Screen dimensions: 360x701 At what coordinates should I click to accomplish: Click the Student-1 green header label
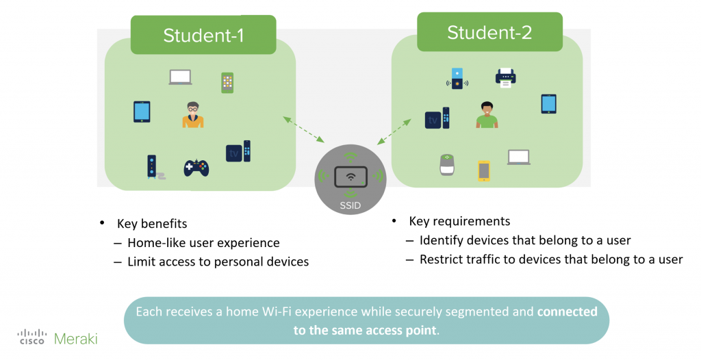click(203, 35)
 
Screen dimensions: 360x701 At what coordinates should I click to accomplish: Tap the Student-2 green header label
click(489, 32)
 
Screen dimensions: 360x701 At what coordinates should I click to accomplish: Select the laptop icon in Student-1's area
click(180, 77)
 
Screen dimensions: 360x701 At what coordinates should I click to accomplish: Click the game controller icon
click(196, 167)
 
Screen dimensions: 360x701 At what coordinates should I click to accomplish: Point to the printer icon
click(505, 77)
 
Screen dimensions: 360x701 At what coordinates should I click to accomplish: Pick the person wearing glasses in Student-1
click(193, 115)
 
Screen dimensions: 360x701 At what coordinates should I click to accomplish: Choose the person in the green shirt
click(487, 115)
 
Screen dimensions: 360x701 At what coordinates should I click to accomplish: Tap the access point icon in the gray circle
click(350, 176)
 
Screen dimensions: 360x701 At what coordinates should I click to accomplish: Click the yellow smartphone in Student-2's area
click(484, 170)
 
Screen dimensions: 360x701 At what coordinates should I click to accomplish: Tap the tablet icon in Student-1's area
click(142, 112)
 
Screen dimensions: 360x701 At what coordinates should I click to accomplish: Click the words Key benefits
click(152, 224)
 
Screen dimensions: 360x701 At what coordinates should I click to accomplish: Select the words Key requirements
click(459, 221)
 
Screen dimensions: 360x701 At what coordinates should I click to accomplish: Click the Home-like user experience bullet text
click(203, 242)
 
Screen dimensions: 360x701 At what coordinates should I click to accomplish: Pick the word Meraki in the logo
click(77, 337)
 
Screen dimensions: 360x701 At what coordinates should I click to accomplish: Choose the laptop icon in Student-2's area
click(519, 157)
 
